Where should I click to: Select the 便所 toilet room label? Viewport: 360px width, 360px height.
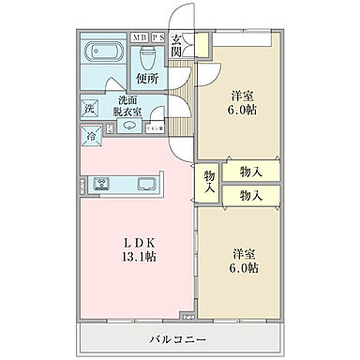click(x=145, y=80)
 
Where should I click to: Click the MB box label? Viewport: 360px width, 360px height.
click(x=139, y=38)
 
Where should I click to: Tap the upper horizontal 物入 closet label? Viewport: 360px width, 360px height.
click(x=250, y=172)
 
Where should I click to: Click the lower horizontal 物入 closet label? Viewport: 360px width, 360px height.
click(x=250, y=195)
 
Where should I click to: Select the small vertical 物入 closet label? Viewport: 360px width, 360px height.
click(x=208, y=182)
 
